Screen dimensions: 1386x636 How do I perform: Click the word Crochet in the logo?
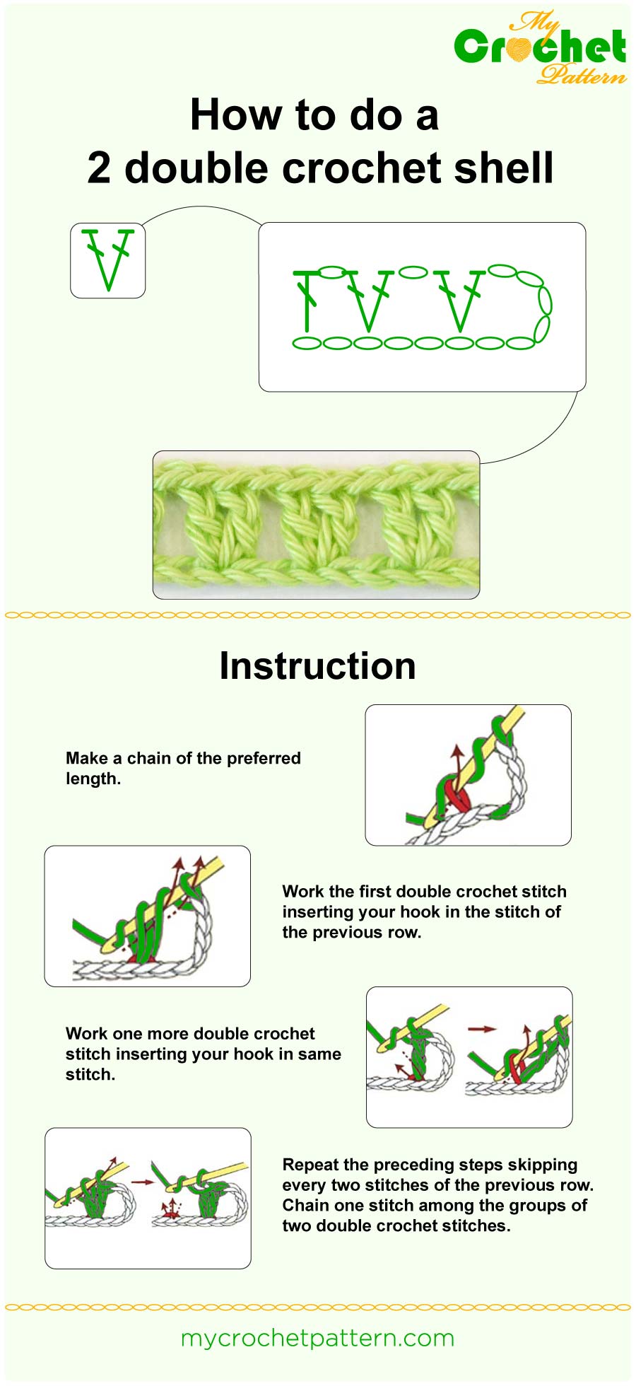click(540, 47)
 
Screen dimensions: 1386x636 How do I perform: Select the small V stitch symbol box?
click(108, 260)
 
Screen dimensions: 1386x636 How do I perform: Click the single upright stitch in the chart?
click(306, 301)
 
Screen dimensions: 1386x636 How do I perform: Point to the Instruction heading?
click(317, 666)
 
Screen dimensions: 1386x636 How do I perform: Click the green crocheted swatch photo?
click(316, 525)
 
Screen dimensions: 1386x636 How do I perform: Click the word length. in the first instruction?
click(93, 779)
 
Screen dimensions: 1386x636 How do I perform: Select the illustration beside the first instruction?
click(468, 774)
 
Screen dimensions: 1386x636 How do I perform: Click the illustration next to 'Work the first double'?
click(147, 916)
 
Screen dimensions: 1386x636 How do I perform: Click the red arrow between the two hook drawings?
click(482, 1029)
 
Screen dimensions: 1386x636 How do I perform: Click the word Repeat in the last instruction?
click(308, 1165)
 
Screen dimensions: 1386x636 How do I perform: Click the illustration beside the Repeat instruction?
click(148, 1198)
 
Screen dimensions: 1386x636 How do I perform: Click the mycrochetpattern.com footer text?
click(317, 1338)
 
